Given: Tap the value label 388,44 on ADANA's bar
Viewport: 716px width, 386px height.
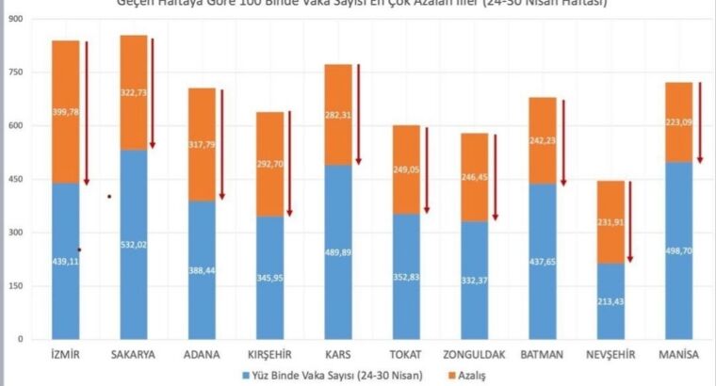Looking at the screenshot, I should tap(202, 268).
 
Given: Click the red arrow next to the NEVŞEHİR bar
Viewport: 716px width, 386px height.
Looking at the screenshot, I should tap(630, 221).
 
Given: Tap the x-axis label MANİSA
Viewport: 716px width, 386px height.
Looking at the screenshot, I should tap(678, 355).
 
